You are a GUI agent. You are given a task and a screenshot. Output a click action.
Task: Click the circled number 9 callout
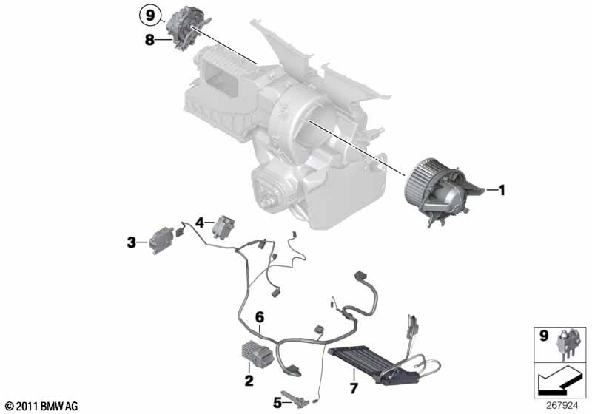pyautogui.click(x=150, y=16)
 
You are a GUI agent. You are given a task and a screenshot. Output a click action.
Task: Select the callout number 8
pyautogui.click(x=150, y=40)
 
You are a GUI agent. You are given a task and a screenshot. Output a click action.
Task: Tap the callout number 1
pyautogui.click(x=502, y=191)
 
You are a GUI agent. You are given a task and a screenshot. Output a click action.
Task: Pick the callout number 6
pyautogui.click(x=260, y=317)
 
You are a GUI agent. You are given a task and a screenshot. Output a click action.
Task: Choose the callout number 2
pyautogui.click(x=249, y=381)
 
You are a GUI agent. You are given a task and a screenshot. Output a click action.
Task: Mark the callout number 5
pyautogui.click(x=277, y=404)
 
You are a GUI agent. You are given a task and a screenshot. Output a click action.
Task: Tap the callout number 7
pyautogui.click(x=354, y=388)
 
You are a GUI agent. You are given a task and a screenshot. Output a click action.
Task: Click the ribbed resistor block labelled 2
pyautogui.click(x=258, y=353)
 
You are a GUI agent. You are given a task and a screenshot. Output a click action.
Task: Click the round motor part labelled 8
pyautogui.click(x=188, y=27)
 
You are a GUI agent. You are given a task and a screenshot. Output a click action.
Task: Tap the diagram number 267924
pyautogui.click(x=562, y=406)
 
